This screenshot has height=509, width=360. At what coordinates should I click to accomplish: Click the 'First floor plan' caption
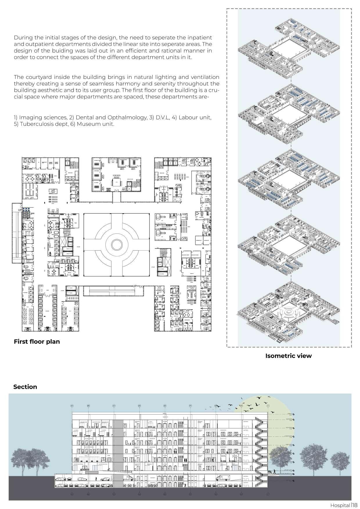[37, 341]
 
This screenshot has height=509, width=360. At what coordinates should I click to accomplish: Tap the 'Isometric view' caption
[288, 356]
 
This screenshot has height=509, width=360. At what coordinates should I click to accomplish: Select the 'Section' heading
[25, 387]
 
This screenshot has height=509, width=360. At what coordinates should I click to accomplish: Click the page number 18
[355, 505]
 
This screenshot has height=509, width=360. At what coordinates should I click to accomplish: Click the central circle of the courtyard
[116, 245]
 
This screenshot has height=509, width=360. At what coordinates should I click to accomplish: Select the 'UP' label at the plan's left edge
[20, 209]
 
